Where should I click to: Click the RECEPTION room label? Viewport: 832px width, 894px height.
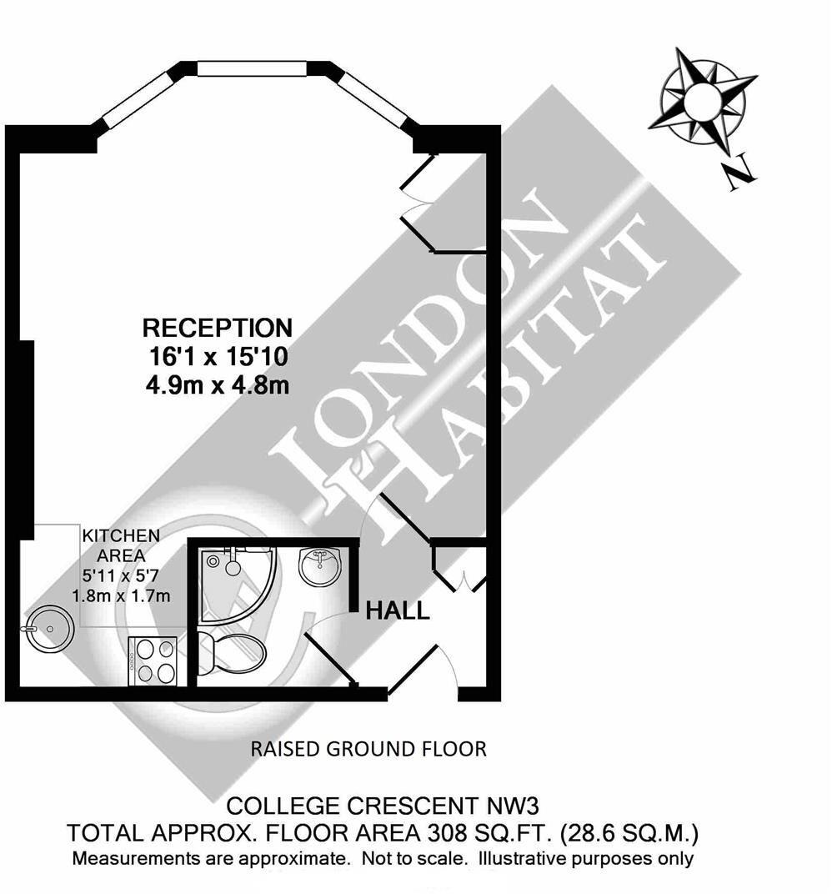point(217,327)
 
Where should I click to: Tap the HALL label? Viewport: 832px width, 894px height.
point(398,611)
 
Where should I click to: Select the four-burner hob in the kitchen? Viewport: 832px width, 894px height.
point(153,660)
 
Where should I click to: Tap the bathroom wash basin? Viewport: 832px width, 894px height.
point(320,566)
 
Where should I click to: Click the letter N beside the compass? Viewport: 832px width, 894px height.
point(739,176)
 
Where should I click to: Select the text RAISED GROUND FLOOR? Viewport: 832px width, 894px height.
point(368,749)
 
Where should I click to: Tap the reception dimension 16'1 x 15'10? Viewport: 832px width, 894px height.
point(216,357)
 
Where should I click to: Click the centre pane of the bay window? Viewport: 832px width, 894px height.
point(252,68)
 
